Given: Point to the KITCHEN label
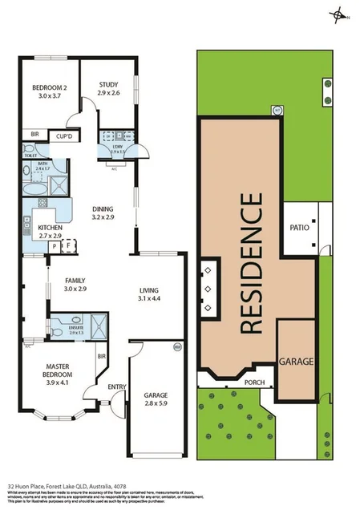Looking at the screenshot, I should tap(50, 228).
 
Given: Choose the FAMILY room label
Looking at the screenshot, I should tap(75, 279).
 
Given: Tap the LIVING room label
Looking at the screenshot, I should tap(150, 290).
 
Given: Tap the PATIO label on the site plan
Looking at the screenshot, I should tap(298, 228).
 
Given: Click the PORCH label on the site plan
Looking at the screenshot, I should tap(254, 382).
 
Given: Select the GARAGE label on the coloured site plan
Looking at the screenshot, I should tap(297, 361).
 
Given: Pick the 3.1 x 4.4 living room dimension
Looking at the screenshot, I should tap(150, 299).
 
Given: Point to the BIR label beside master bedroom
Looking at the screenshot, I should tap(102, 355).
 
